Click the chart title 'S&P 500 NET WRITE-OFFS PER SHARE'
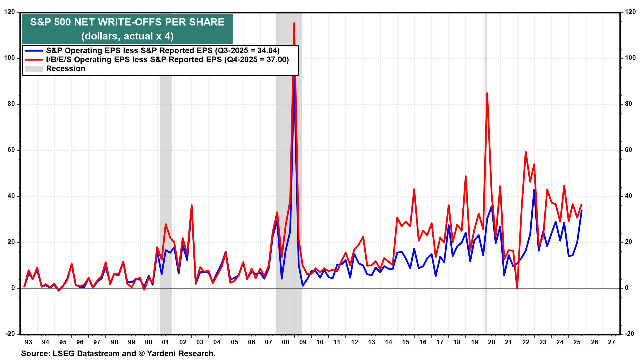click(x=127, y=22)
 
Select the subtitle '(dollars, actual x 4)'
click(x=127, y=36)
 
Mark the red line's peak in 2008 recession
click(x=294, y=23)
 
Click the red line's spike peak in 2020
click(x=487, y=93)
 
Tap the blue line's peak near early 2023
click(x=534, y=190)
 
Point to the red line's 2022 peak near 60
click(x=525, y=152)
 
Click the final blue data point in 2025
click(x=581, y=211)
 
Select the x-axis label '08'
click(x=285, y=342)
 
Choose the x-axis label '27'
click(x=611, y=342)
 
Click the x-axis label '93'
click(x=28, y=342)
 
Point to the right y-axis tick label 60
click(x=629, y=150)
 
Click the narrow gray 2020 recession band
click(x=486, y=167)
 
